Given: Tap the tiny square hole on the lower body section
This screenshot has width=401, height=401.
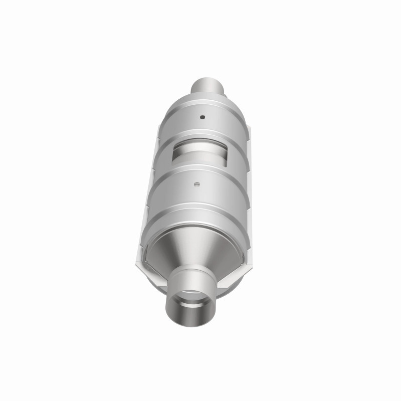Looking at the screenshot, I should [197, 182].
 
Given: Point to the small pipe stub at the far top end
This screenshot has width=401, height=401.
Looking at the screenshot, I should [208, 86].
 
